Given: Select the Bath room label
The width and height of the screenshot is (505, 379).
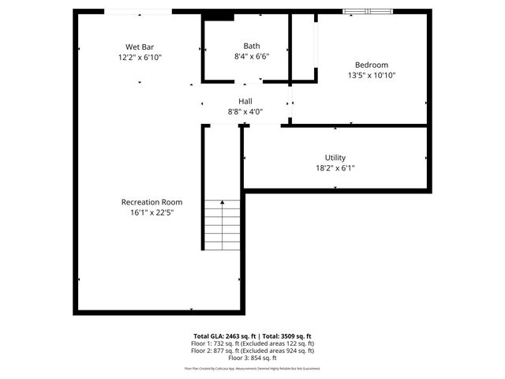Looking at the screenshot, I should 251,46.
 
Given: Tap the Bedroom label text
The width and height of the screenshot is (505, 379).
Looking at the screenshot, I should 371,65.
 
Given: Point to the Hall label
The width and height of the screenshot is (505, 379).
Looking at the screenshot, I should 245,101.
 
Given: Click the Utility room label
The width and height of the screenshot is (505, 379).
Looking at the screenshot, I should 335,157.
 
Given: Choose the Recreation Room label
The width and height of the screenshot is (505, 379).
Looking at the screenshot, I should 151,202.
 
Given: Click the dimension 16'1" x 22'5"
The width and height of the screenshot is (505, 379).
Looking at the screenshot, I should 151,212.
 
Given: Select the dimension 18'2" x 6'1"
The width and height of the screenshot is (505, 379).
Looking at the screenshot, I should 335,167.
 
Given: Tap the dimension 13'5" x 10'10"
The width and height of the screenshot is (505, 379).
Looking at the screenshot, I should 371,75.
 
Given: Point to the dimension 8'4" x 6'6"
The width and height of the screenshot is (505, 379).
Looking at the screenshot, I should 251,57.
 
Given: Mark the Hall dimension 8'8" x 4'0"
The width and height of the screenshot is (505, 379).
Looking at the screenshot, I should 245,112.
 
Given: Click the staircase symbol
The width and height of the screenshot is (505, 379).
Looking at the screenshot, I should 222,226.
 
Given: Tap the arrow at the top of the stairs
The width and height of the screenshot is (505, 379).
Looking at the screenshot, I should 222,202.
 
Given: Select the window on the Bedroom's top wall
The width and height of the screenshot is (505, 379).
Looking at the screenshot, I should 368,11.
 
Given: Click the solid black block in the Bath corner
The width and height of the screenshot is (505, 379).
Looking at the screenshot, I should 217,16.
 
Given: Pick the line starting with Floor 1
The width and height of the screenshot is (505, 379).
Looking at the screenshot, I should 252,343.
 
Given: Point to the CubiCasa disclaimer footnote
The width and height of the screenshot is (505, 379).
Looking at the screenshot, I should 252,368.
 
